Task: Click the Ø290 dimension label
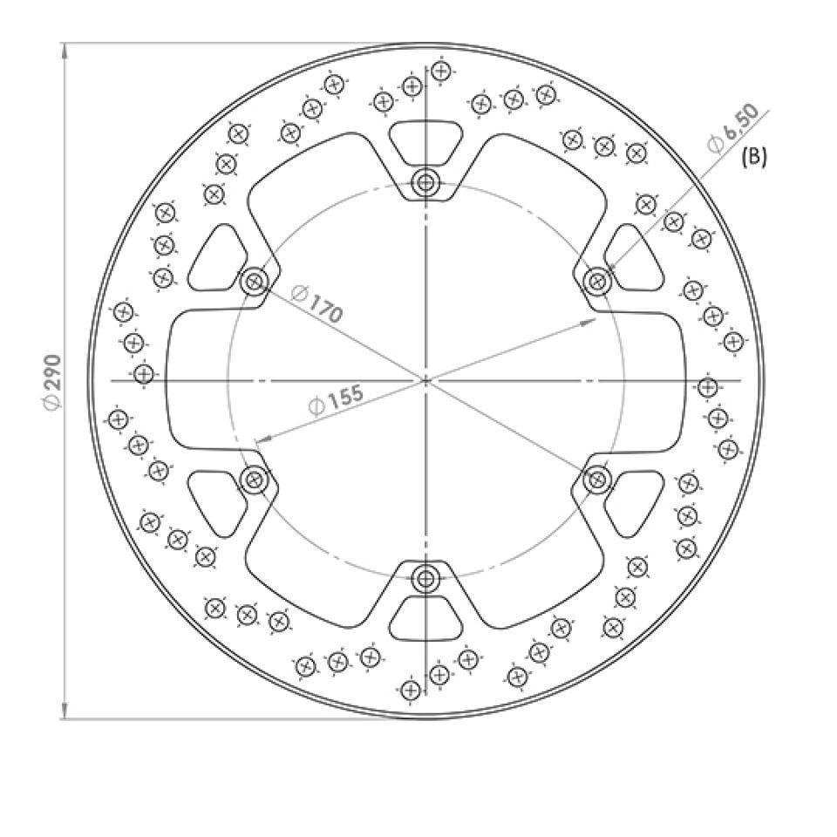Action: (x=52, y=382)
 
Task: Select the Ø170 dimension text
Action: (x=317, y=305)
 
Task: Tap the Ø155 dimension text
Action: (x=336, y=400)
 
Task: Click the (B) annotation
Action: (x=753, y=158)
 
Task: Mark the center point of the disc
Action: (x=425, y=381)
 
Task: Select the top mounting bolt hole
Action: (x=425, y=183)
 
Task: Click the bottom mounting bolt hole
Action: (x=425, y=578)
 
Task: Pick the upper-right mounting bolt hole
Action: (x=597, y=281)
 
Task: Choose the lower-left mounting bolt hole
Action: (x=255, y=480)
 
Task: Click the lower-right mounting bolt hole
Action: (x=597, y=480)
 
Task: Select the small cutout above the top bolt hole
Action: (x=425, y=140)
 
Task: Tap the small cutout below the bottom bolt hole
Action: (x=425, y=620)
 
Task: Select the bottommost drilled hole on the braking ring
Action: (x=410, y=691)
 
